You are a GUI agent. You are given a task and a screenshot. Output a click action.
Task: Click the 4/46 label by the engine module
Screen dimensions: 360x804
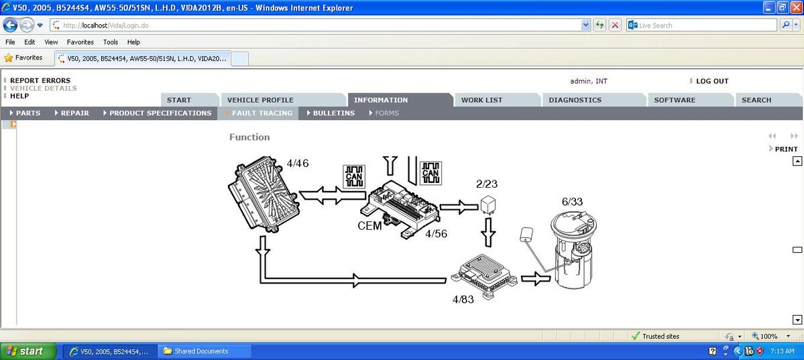click(297, 163)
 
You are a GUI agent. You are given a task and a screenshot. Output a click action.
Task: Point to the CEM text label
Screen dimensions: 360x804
click(369, 226)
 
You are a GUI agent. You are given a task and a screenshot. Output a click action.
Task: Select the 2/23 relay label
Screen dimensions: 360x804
click(487, 184)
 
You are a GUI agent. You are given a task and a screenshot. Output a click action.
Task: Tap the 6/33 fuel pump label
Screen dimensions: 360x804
click(572, 201)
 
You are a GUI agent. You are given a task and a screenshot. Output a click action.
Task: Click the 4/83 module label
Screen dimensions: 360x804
click(463, 299)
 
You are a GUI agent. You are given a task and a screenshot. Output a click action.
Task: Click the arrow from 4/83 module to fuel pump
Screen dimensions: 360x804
click(535, 279)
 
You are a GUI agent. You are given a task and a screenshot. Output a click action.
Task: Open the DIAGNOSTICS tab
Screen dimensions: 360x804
click(575, 100)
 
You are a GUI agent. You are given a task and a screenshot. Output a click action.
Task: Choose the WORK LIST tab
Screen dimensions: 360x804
click(481, 100)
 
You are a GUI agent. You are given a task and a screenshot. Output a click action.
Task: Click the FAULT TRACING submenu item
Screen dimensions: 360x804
click(262, 113)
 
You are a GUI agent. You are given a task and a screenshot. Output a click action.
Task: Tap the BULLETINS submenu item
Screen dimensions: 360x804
click(333, 113)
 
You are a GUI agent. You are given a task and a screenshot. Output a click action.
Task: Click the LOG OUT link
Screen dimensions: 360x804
click(711, 81)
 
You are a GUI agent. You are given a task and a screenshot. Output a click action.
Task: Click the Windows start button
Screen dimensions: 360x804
click(24, 351)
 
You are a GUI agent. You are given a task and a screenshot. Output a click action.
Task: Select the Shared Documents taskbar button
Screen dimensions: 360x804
click(201, 351)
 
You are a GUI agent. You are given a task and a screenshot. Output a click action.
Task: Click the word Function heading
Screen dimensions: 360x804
click(249, 137)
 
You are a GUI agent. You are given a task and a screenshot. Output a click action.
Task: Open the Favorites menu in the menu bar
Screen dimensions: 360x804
click(80, 42)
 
